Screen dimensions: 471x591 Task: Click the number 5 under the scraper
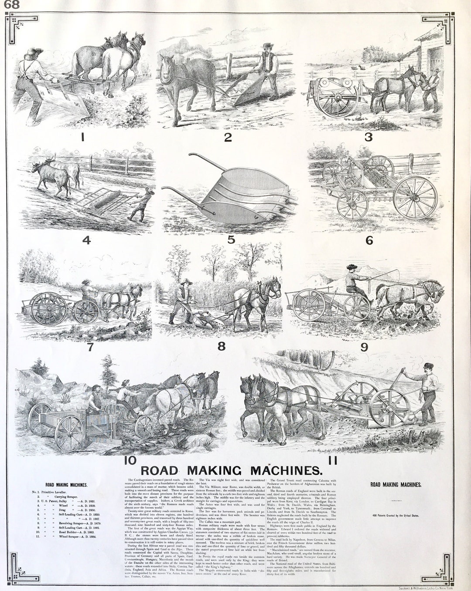231,239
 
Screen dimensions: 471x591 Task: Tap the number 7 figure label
90,348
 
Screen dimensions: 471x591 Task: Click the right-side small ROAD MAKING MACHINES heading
396,484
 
